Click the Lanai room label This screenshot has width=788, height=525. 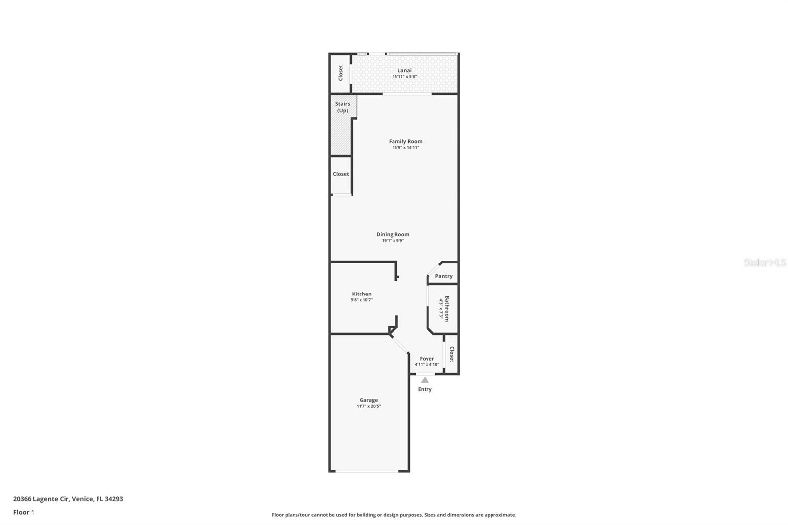(x=404, y=70)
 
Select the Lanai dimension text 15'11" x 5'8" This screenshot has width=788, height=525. (x=404, y=77)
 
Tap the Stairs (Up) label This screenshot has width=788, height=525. (x=342, y=107)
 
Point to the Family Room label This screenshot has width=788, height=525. (x=405, y=141)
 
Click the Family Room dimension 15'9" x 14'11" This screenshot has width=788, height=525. (x=405, y=148)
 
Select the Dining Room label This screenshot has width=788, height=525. (x=393, y=234)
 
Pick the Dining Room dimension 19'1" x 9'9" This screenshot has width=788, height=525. (x=393, y=241)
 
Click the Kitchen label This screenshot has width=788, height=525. (x=361, y=294)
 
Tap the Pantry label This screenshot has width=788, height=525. (x=443, y=276)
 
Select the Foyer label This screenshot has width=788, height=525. (x=427, y=359)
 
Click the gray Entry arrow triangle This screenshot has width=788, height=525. (x=425, y=380)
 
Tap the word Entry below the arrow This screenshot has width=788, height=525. (x=425, y=389)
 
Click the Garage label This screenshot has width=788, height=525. (x=368, y=400)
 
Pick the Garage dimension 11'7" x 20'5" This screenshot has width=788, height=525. (x=368, y=406)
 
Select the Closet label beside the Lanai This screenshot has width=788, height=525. (x=340, y=73)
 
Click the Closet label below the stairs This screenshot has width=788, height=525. (x=341, y=174)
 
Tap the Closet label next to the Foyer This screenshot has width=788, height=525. (x=451, y=354)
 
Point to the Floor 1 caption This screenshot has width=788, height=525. (x=24, y=512)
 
